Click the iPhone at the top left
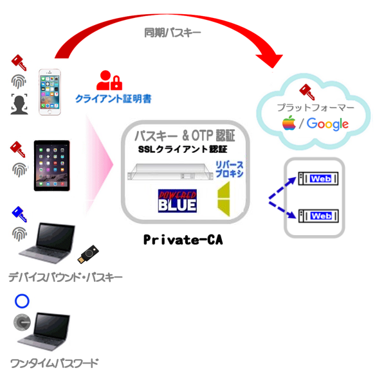click(50, 92)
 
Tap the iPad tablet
click(52, 166)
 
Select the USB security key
click(88, 254)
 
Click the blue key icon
click(19, 214)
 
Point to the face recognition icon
click(19, 104)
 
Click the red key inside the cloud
click(307, 92)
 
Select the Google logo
click(327, 124)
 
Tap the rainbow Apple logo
click(289, 123)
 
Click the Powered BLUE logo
click(178, 201)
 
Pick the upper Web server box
click(318, 179)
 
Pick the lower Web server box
click(318, 216)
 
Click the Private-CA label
click(183, 240)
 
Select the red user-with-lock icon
click(109, 80)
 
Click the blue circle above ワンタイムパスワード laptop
click(22, 301)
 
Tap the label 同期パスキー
click(172, 33)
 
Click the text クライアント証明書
click(113, 99)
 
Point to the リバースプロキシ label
click(229, 170)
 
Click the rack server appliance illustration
click(170, 172)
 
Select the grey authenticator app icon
click(22, 322)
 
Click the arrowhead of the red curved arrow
click(271, 61)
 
